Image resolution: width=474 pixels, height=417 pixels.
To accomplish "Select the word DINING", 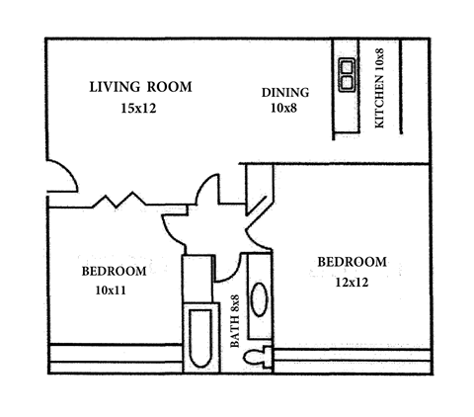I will point(285,93).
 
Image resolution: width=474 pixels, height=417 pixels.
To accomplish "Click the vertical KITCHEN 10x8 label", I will point(380,88).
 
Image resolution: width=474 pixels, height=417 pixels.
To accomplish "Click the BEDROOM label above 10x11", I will point(114,271).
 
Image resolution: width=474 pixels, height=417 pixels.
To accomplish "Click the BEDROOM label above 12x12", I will point(352,262).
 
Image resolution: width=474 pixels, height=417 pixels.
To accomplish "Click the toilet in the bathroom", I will point(260,358).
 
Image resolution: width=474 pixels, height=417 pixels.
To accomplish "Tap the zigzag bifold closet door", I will point(118,201).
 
